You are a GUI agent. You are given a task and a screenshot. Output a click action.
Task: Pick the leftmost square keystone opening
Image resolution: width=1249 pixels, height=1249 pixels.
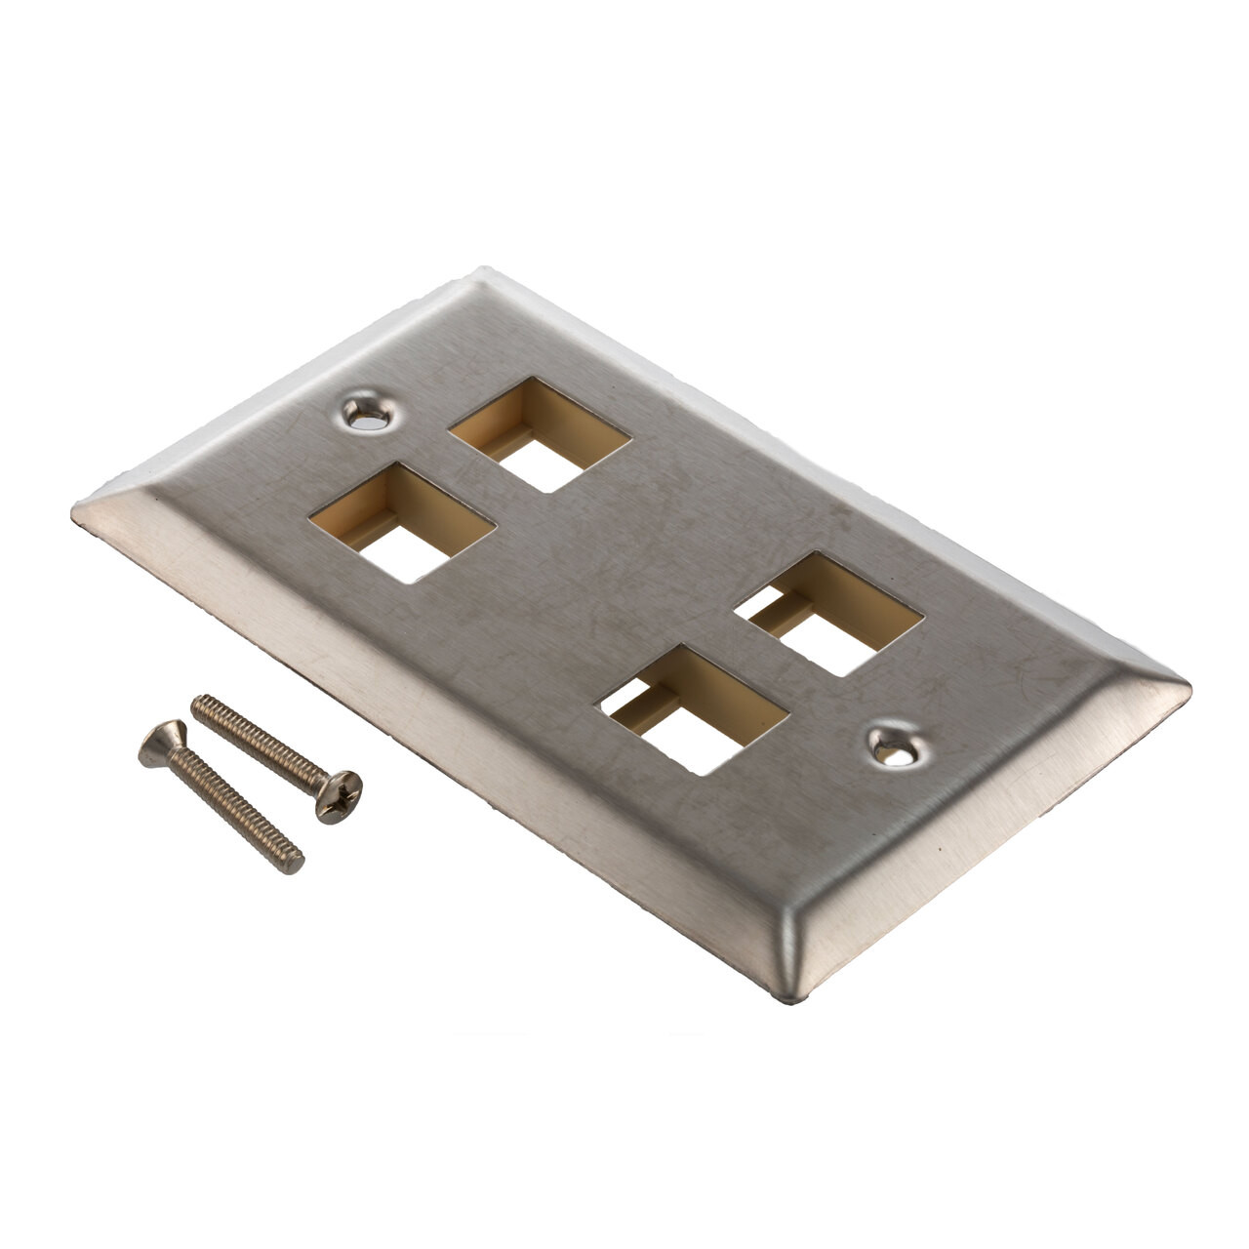[x=403, y=523]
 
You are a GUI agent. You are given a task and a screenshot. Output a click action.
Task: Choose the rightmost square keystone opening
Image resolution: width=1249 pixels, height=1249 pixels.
[x=828, y=614]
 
